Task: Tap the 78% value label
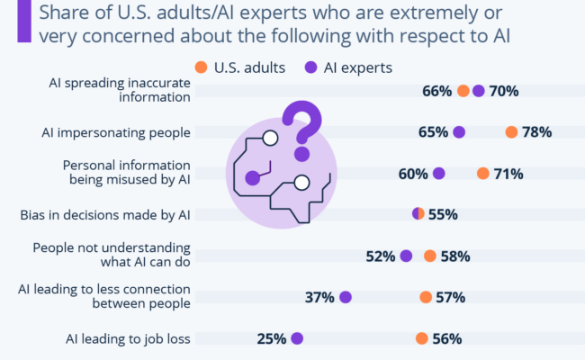click(x=536, y=132)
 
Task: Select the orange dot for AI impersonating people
click(x=511, y=132)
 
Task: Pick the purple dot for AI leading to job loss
click(x=297, y=339)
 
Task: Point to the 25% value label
click(x=271, y=339)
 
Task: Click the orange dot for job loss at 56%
click(x=421, y=339)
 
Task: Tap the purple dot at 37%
click(x=345, y=298)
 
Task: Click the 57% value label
click(x=450, y=298)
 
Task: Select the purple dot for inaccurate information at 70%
click(x=478, y=91)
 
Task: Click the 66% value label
click(x=436, y=91)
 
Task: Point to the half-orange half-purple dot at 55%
click(x=418, y=214)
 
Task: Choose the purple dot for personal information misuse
click(x=438, y=174)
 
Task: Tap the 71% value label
click(x=508, y=174)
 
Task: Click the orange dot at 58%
click(x=430, y=256)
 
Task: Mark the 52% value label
click(x=380, y=256)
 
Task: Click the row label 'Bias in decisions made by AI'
click(x=105, y=215)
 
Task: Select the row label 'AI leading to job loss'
click(x=127, y=339)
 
